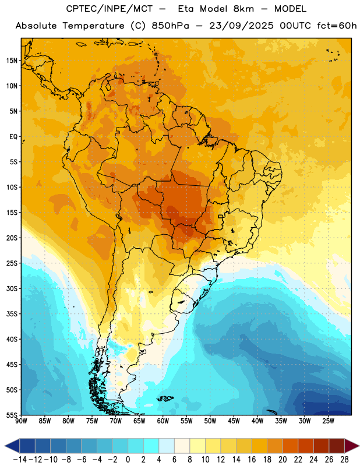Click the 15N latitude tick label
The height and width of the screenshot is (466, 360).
[12, 61]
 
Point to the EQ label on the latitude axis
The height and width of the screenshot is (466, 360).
[13, 137]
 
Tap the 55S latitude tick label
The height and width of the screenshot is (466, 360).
[12, 415]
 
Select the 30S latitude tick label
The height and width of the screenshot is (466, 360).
[12, 288]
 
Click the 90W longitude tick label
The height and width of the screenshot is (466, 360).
[21, 421]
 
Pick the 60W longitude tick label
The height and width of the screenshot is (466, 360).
[163, 421]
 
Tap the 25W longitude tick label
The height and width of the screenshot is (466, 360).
[328, 421]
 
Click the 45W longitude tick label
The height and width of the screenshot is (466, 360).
[234, 421]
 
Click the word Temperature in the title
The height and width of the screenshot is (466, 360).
[93, 26]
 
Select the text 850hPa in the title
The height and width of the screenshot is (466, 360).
[170, 26]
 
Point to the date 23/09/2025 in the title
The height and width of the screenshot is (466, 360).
[241, 26]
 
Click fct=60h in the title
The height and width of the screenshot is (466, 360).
[337, 26]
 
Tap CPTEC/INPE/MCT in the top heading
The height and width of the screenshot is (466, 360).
[110, 9]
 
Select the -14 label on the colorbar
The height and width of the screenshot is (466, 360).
[20, 460]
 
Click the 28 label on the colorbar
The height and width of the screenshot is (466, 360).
[344, 460]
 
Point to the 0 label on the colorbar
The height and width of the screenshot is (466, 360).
[128, 460]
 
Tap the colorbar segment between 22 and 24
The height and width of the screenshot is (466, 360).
[306, 446]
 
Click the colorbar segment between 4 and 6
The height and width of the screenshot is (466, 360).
[167, 446]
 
